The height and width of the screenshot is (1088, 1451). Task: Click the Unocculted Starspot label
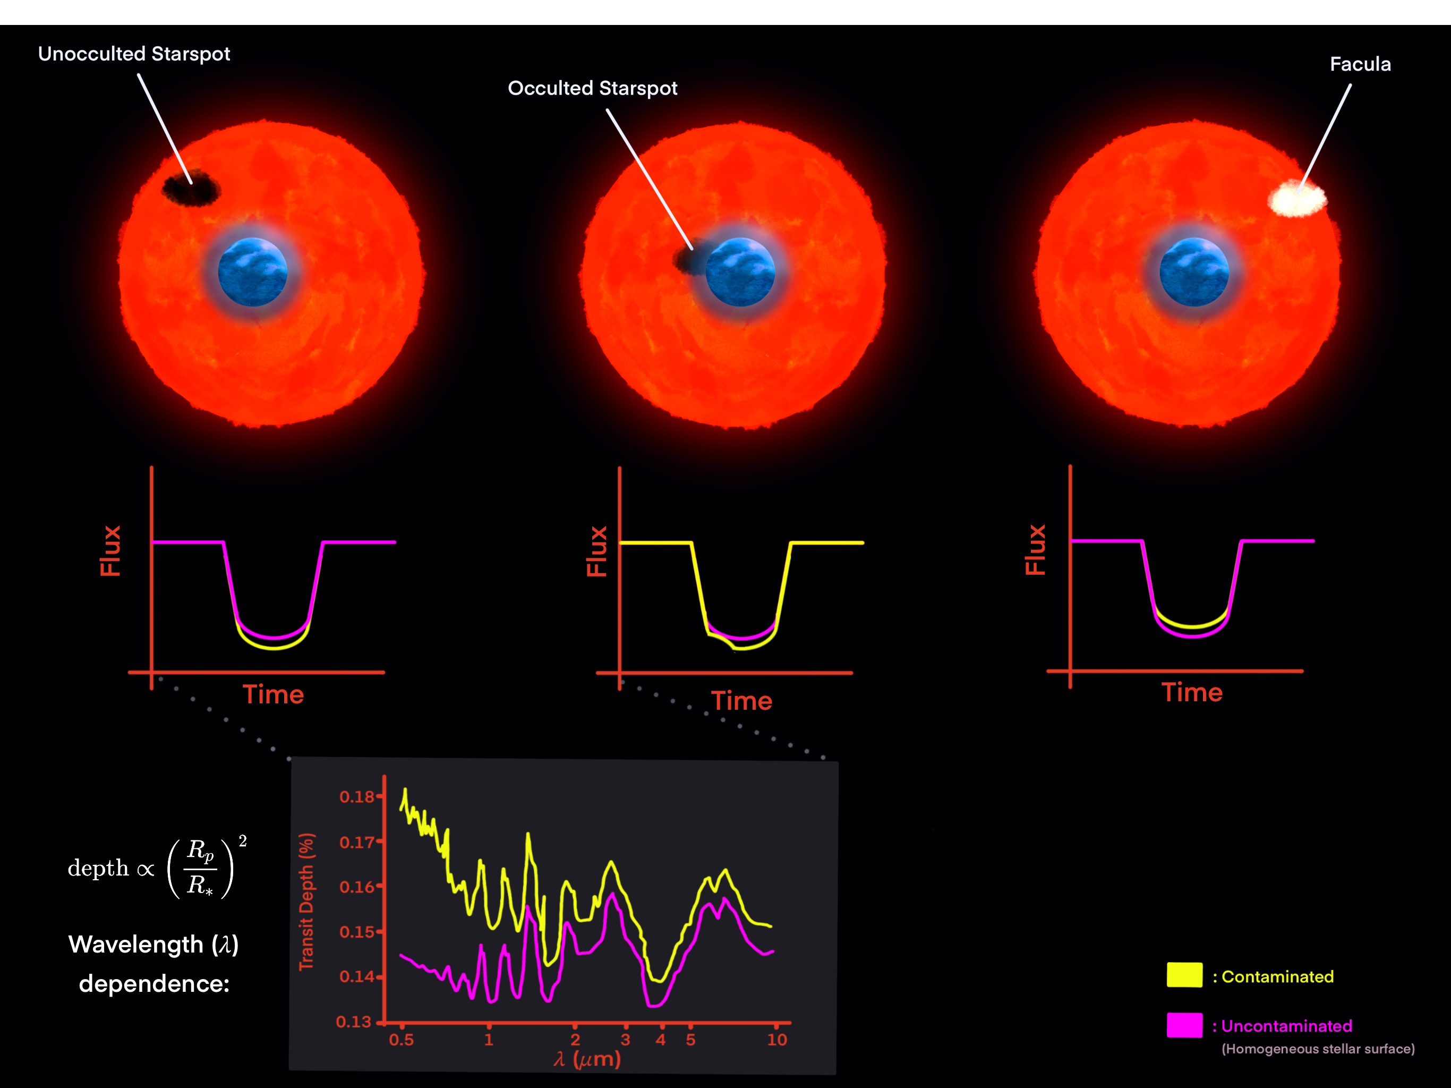tap(134, 54)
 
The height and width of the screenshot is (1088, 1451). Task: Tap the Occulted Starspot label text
tap(592, 88)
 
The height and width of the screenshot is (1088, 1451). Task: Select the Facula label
tap(1360, 64)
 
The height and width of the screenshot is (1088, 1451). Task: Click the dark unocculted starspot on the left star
tap(191, 188)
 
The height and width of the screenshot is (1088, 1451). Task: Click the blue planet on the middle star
tap(740, 271)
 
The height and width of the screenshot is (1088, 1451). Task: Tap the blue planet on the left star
tap(253, 271)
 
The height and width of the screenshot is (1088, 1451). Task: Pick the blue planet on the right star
tap(1194, 271)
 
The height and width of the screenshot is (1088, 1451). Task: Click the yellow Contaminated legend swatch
tap(1184, 974)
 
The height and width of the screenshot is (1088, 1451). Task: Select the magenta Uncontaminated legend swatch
tap(1184, 1025)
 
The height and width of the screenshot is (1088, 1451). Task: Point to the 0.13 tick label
tap(354, 1022)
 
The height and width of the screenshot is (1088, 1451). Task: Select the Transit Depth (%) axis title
tap(306, 902)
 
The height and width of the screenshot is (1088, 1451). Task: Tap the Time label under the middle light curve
tap(742, 701)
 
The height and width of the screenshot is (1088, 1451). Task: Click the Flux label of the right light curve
tap(1035, 550)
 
